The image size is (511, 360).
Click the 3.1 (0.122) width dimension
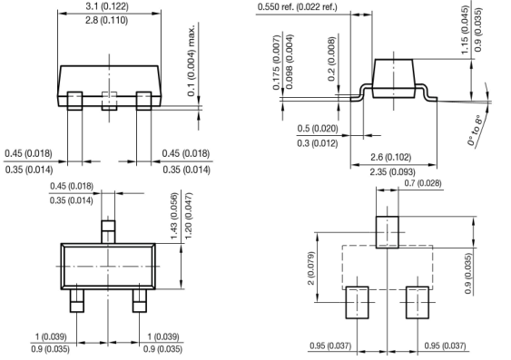coord(107,6)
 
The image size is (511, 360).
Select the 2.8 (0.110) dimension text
coord(106,21)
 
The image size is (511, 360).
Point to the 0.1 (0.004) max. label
coord(192,60)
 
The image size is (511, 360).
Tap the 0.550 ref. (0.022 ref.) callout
coord(297,7)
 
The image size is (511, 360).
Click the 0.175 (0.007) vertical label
coord(277,63)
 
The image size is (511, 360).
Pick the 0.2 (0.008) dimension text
coord(331,59)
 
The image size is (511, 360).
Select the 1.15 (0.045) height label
coord(465,30)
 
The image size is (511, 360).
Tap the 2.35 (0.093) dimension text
coord(392,171)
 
